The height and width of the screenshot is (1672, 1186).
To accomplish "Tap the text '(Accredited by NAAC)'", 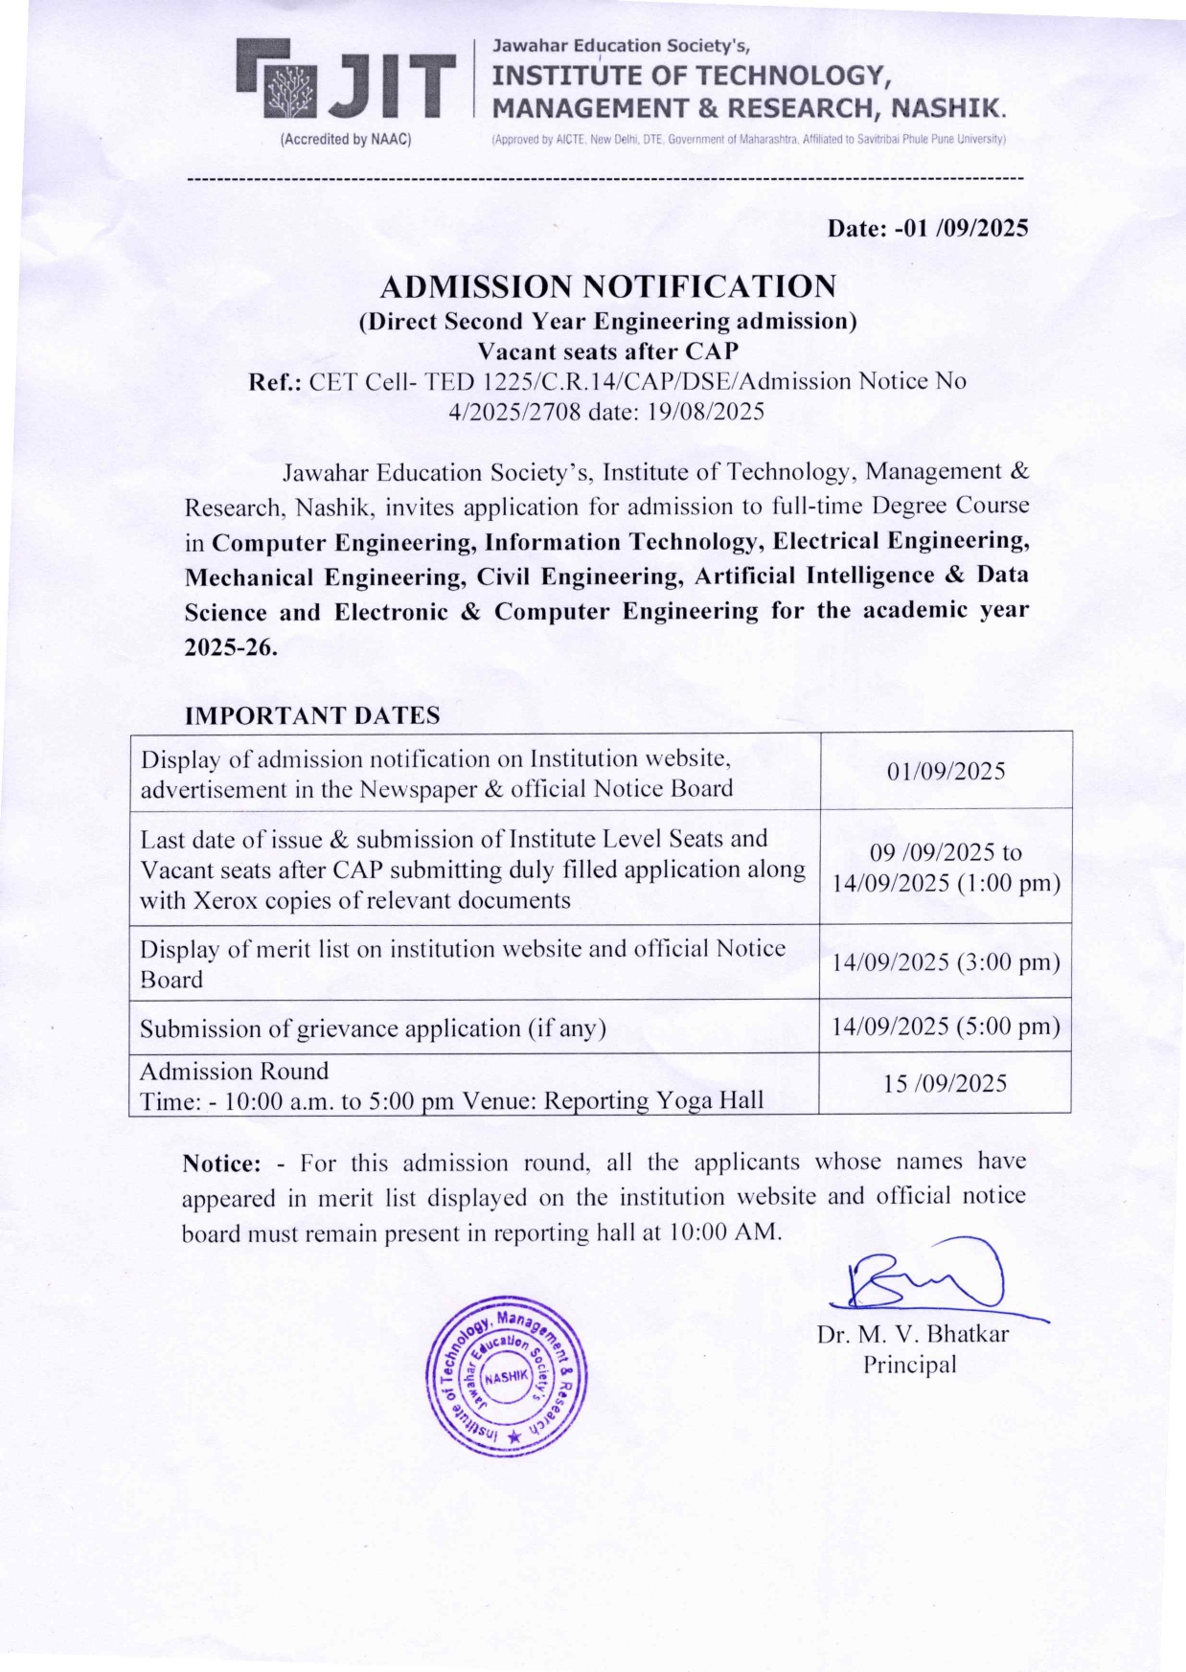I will click(x=345, y=140).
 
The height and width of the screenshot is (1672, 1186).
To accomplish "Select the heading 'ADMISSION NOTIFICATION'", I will click(x=607, y=286).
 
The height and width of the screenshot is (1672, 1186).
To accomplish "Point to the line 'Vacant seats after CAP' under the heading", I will click(x=607, y=350).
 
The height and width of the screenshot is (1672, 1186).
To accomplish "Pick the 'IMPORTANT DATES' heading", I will click(x=312, y=715).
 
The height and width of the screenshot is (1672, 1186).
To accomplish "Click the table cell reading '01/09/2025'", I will click(x=946, y=771).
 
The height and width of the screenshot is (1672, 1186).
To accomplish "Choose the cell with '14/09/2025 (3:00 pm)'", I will click(x=946, y=961).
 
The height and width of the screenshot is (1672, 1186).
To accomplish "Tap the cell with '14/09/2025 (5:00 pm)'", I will click(x=946, y=1027).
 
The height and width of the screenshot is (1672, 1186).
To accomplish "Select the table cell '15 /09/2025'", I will click(x=946, y=1083).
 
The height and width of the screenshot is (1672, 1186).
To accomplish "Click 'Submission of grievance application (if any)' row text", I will click(x=373, y=1028).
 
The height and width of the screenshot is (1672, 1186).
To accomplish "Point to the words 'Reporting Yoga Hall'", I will click(x=653, y=1100).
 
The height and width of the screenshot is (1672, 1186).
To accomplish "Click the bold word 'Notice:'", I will click(x=221, y=1164).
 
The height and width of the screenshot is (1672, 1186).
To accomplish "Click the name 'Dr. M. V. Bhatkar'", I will click(x=912, y=1334).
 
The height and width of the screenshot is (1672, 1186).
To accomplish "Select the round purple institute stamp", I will click(x=506, y=1375).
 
